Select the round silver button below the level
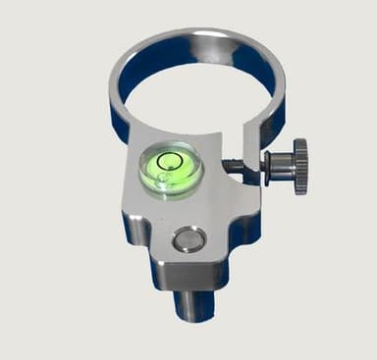tap(187, 238)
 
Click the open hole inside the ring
tap(196, 90)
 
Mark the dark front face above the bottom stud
tap(196, 276)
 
